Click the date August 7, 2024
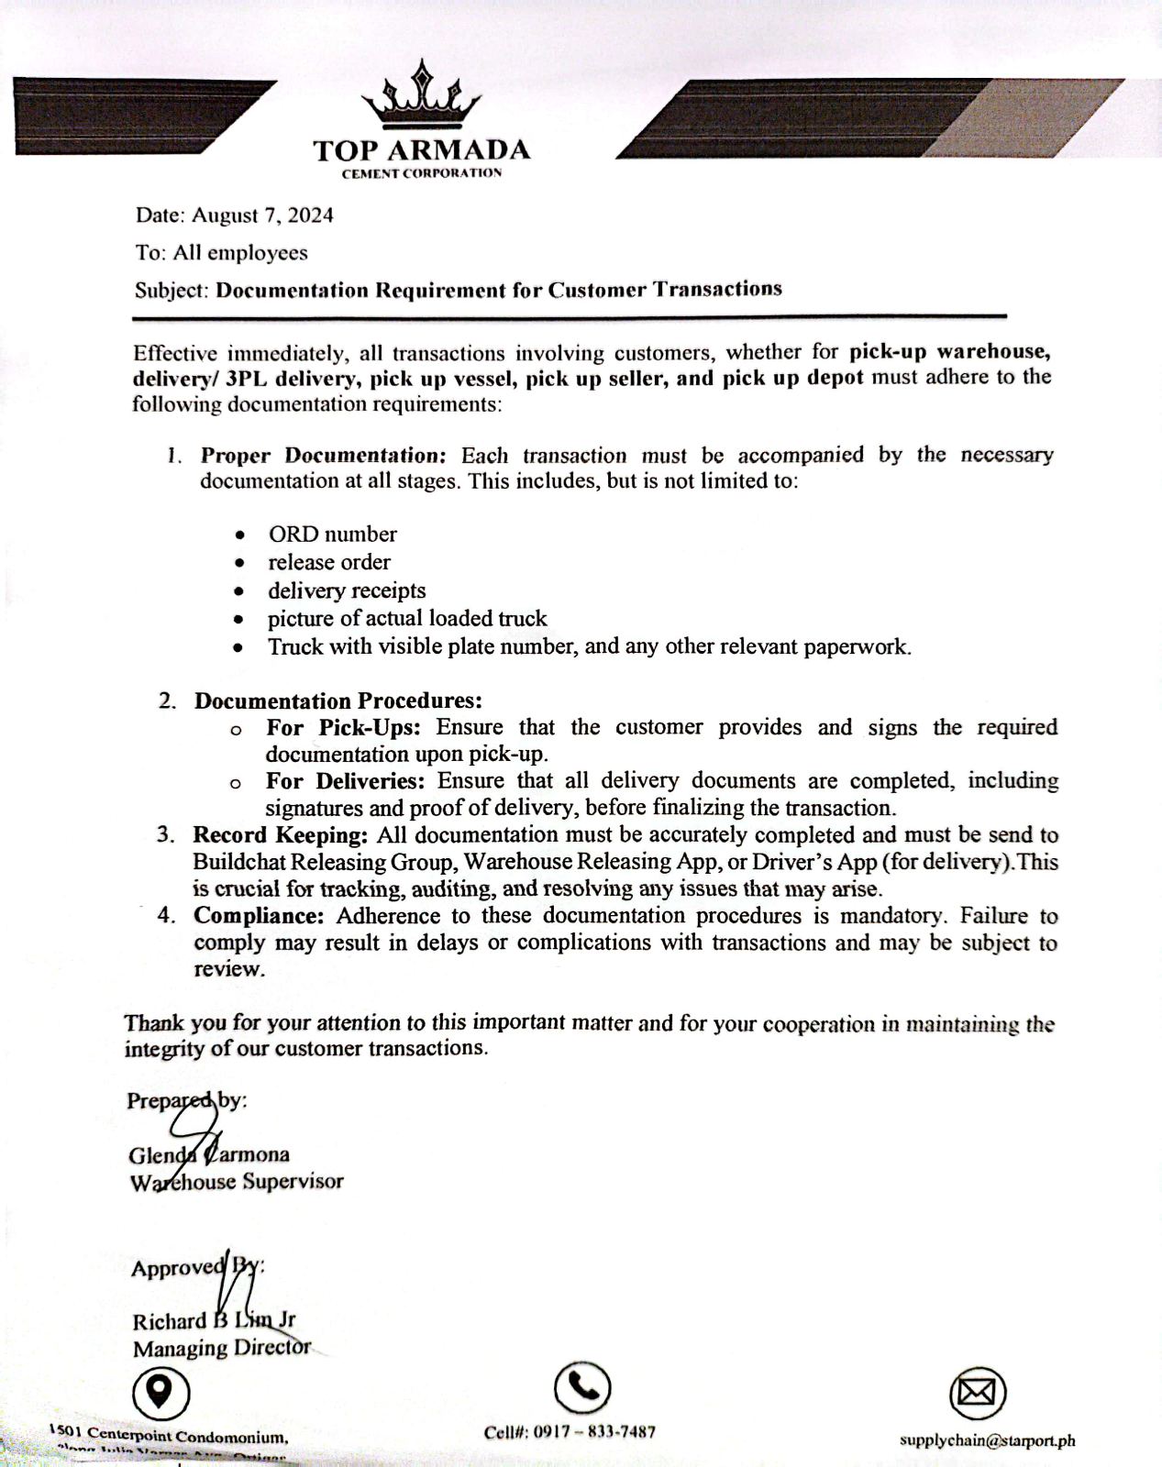pyautogui.click(x=262, y=215)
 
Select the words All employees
pyautogui.click(x=240, y=253)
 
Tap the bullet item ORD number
pyautogui.click(x=332, y=535)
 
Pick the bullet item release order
pyautogui.click(x=328, y=562)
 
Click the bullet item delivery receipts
pyautogui.click(x=347, y=590)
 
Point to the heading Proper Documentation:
pyautogui.click(x=323, y=456)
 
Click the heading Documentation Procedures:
pyautogui.click(x=338, y=701)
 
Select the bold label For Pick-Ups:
pyautogui.click(x=343, y=728)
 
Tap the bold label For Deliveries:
pyautogui.click(x=345, y=781)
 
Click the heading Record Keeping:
pyautogui.click(x=280, y=835)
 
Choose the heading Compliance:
pyautogui.click(x=259, y=916)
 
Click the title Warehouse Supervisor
pyautogui.click(x=237, y=1182)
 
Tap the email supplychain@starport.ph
pyautogui.click(x=987, y=1440)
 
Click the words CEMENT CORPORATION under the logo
pyautogui.click(x=421, y=173)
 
